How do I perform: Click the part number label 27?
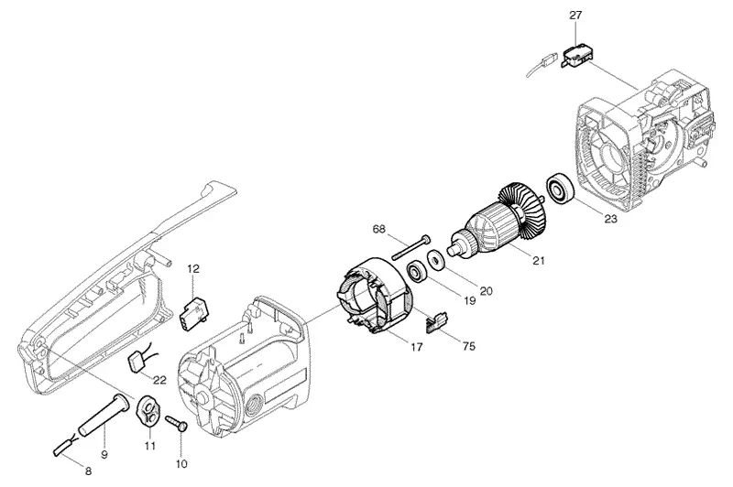point(575,15)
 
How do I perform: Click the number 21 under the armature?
point(539,260)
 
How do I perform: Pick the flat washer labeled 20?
point(436,260)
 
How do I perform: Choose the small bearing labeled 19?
point(417,272)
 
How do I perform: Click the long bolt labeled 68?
point(411,247)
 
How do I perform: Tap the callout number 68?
point(379,229)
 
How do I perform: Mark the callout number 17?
point(416,347)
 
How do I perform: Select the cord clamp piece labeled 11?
point(148,410)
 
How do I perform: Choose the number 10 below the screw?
point(181,463)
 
